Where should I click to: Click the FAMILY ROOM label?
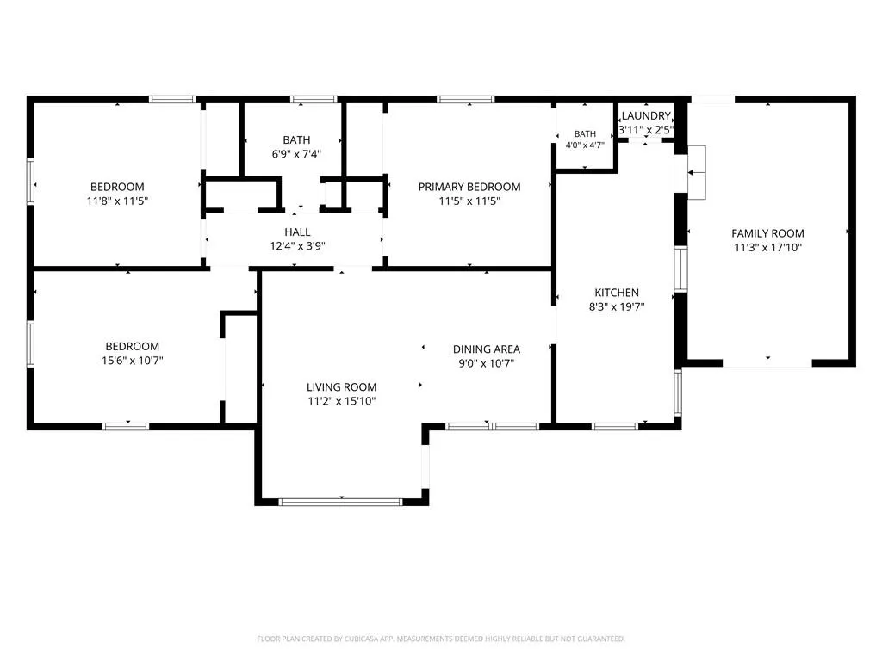[767, 233]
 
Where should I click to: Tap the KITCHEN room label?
[617, 293]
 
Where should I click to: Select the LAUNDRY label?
[646, 116]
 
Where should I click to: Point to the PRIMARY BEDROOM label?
[469, 187]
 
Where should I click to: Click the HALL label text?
[297, 232]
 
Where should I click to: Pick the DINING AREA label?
[486, 349]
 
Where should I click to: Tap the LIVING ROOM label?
[341, 386]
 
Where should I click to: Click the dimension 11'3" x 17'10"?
[767, 247]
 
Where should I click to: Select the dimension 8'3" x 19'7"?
[617, 306]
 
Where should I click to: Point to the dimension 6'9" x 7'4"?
[296, 154]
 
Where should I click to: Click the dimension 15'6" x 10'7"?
[132, 361]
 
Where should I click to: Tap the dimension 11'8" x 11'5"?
[117, 201]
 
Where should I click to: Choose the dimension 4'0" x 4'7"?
[585, 145]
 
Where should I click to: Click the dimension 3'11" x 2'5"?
[646, 130]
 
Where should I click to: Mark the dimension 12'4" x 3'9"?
[297, 245]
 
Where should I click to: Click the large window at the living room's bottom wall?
[341, 502]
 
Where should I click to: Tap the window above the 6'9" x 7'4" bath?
[314, 100]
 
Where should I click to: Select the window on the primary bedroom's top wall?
[466, 100]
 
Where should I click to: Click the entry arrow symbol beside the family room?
[696, 172]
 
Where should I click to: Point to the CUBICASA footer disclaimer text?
[440, 639]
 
